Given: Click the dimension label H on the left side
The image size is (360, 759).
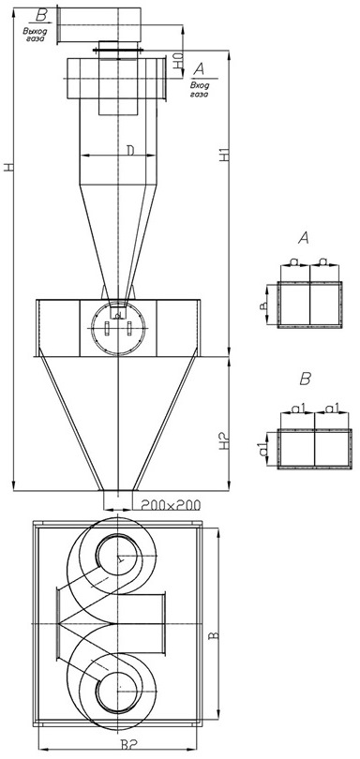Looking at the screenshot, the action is (8, 167).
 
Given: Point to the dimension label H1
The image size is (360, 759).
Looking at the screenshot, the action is (223, 155).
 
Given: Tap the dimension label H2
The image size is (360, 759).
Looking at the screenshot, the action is (223, 441).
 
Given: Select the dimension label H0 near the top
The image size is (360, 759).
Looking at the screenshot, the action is (178, 61).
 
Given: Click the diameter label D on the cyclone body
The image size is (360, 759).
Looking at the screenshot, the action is (131, 150).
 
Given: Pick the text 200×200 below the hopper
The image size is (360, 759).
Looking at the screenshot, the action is (171, 505).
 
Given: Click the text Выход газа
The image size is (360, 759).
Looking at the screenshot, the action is (34, 35).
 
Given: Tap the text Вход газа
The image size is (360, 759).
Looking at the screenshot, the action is (199, 90).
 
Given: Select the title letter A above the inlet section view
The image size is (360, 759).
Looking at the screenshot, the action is (304, 238).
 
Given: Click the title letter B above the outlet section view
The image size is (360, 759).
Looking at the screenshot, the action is (305, 379).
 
